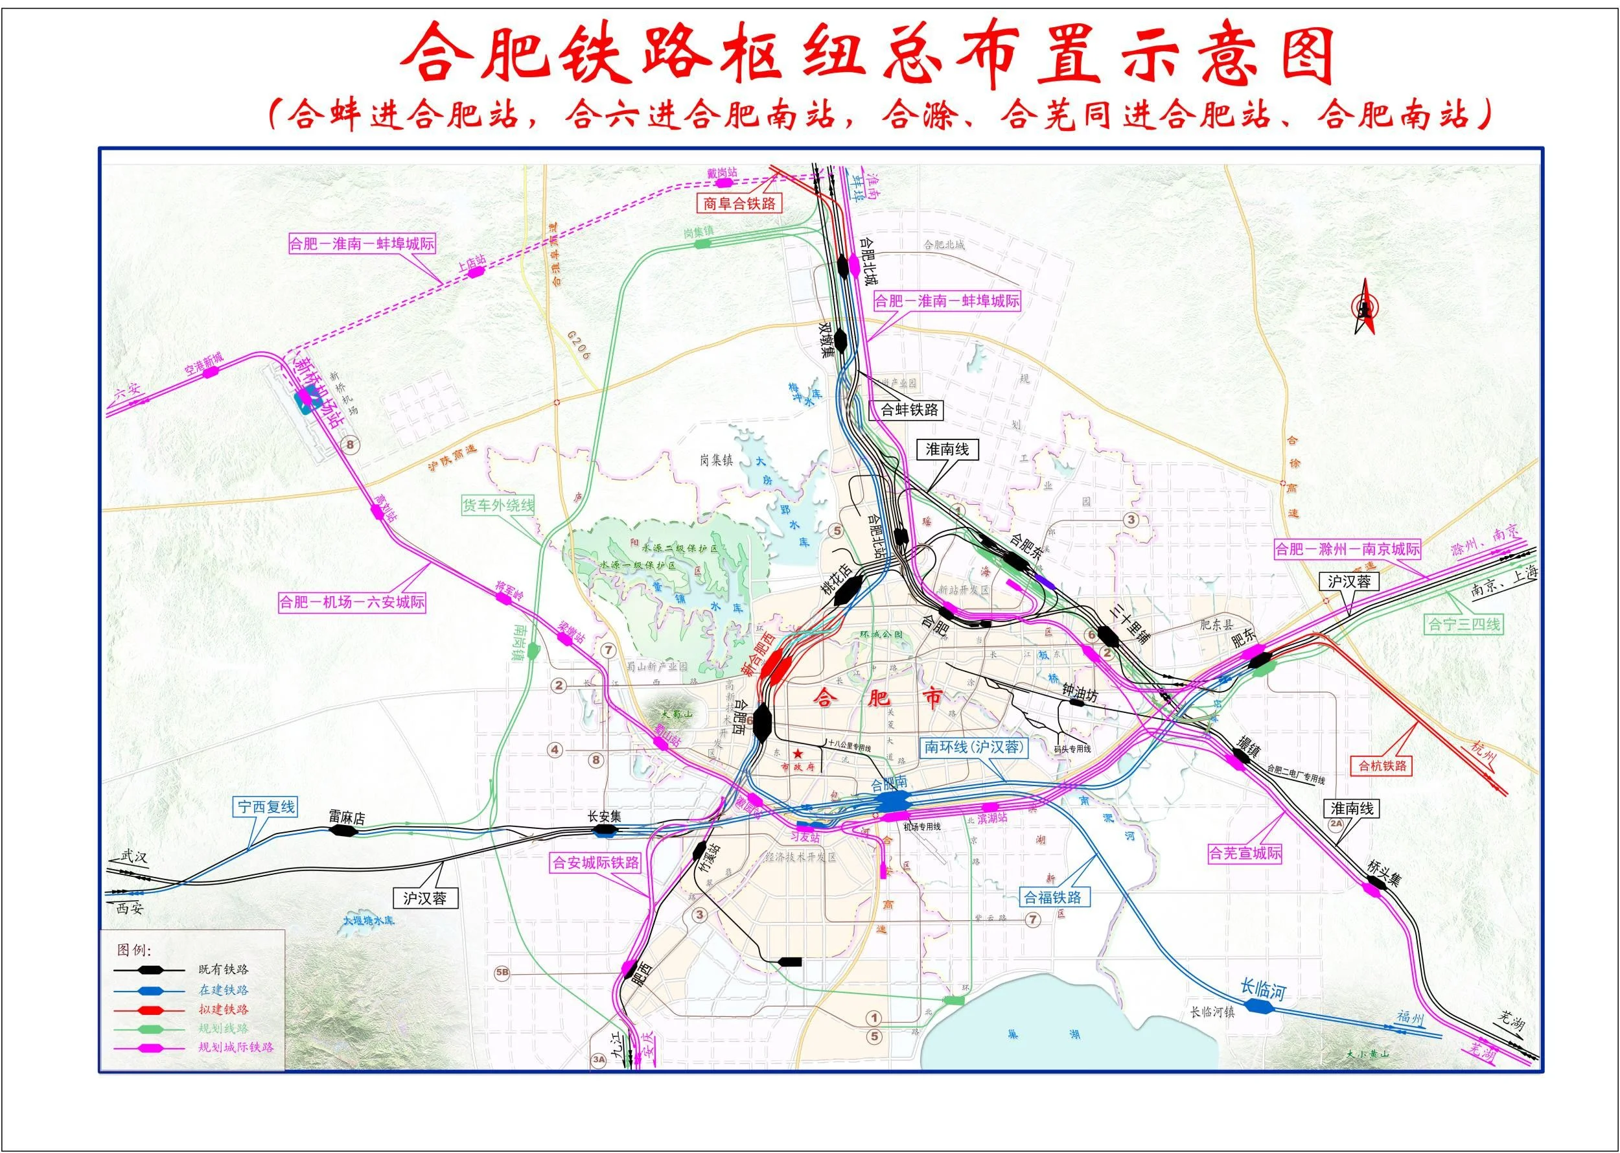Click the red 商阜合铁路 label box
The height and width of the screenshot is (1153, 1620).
739,204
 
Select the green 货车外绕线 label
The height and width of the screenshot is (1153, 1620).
498,506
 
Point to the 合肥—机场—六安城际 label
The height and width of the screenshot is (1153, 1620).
352,602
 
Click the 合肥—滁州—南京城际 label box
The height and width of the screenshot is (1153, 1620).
1347,549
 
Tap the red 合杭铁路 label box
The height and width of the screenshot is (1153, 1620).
1382,766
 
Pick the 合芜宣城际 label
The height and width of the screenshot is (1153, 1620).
1245,853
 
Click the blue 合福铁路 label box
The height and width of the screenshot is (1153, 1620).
1052,898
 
